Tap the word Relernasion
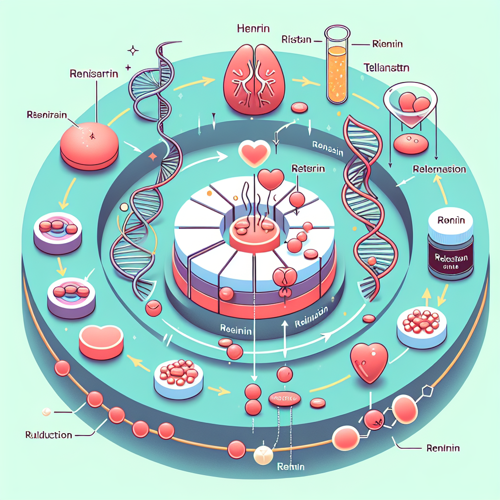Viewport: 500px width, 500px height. click(438, 169)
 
